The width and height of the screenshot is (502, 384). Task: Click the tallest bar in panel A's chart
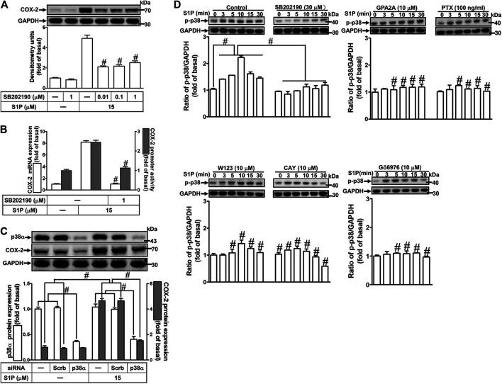[x=89, y=60]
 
